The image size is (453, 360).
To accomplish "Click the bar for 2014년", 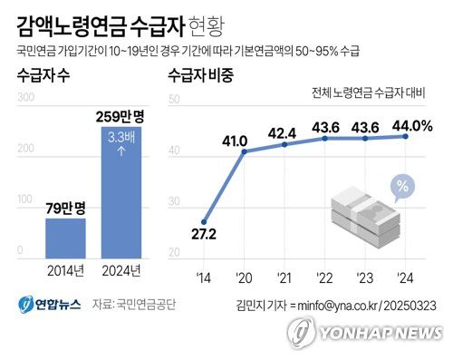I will click(65, 238).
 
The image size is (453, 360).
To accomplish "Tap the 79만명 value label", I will click(65, 209).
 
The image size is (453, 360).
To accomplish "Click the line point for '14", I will click(205, 220).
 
